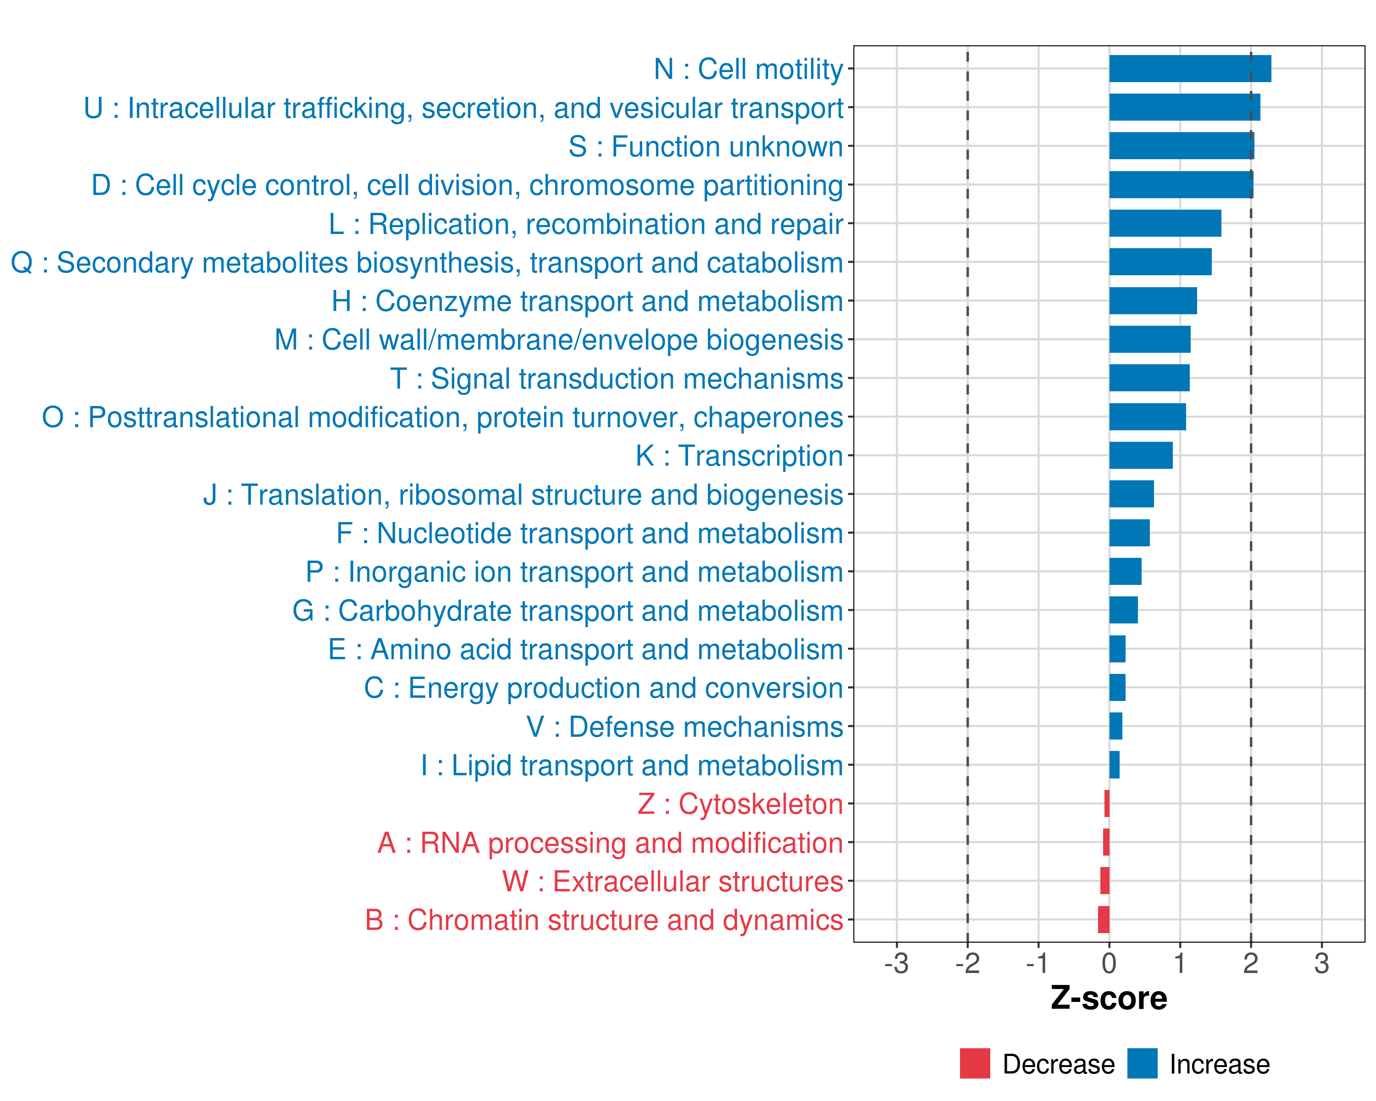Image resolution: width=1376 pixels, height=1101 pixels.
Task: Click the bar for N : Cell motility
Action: pos(1190,69)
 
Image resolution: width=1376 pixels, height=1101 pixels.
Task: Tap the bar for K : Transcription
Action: pos(1141,456)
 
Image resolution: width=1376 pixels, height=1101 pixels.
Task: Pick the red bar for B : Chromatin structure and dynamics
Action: pos(1104,920)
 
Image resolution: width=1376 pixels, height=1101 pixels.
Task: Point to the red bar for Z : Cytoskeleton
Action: pos(1107,804)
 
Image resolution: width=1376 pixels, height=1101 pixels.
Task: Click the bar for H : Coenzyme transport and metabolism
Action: pos(1153,300)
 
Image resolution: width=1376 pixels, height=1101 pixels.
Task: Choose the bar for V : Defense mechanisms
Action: pos(1115,726)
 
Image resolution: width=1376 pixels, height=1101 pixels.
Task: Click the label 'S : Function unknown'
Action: pos(705,147)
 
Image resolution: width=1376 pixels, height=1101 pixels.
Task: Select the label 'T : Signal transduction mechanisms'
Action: pos(616,378)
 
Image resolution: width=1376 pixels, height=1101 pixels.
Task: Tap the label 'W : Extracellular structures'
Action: pos(673,881)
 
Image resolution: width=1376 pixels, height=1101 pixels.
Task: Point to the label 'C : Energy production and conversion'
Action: pos(603,688)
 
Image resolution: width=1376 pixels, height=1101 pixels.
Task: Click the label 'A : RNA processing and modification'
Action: pos(610,843)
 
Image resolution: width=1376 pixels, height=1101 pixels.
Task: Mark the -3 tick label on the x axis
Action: pos(896,963)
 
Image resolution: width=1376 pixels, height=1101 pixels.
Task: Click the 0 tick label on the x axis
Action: pos(1109,963)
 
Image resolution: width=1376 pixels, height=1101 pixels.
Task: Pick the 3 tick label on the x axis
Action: pos(1321,963)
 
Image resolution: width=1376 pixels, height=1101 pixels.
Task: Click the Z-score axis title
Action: pos(1109,998)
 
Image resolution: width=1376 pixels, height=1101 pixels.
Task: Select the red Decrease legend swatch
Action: pos(975,1063)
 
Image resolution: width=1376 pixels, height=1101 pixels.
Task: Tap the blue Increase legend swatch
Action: pos(1142,1063)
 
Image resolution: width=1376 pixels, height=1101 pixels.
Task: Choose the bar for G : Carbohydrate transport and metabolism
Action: pos(1123,610)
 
